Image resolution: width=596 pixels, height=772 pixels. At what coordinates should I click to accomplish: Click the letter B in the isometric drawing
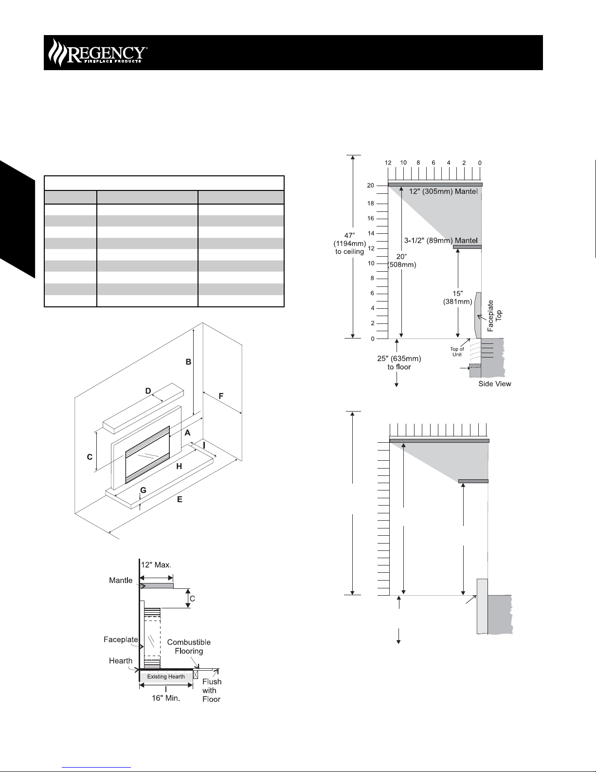click(188, 362)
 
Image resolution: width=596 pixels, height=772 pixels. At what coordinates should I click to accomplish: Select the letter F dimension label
click(221, 396)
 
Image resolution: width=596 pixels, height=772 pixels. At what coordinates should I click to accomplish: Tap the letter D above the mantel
click(148, 391)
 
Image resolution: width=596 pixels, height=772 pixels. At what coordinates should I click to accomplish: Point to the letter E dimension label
click(180, 499)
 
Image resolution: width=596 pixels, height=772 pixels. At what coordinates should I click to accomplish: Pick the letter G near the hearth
click(143, 490)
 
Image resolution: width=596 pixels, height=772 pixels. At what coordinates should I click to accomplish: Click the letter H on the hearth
click(179, 467)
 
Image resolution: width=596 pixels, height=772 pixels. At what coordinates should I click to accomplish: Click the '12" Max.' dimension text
click(156, 565)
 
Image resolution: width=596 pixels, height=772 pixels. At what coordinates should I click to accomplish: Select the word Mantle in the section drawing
click(121, 581)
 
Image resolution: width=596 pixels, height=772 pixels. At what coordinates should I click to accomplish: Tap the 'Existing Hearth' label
click(166, 677)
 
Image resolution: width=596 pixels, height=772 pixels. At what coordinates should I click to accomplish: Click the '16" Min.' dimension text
click(166, 698)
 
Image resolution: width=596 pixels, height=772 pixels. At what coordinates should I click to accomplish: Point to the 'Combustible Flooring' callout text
click(189, 646)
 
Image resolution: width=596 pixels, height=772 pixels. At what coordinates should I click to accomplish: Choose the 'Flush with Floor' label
click(212, 690)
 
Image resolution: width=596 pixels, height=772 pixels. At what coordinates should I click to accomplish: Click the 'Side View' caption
click(494, 384)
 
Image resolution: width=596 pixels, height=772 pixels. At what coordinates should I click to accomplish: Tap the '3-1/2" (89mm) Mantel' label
click(441, 241)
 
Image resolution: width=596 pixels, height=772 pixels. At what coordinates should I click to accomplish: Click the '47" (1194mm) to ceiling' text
click(349, 244)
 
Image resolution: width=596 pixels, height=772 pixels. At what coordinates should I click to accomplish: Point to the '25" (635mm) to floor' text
click(399, 363)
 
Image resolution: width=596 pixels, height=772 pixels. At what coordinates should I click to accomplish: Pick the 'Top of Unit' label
click(457, 351)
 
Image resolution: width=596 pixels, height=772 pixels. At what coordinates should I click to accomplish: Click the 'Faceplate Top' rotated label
click(494, 316)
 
